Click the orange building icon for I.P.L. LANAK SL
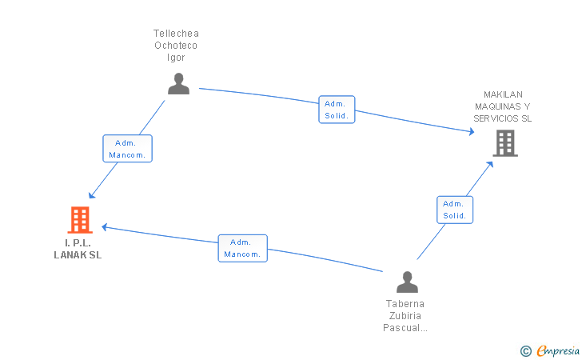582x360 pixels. coord(80,220)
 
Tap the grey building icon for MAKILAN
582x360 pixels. coord(505,143)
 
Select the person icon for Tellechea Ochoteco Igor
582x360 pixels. coord(178,83)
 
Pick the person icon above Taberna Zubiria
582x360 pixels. coord(407,282)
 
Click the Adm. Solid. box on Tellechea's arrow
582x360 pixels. coord(337,110)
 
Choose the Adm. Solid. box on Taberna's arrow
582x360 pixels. coord(455,210)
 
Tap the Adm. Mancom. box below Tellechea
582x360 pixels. coord(127,149)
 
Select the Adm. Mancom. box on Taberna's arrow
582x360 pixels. coord(243,248)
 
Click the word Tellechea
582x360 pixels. coord(177,34)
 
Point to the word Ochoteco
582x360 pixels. coord(176,46)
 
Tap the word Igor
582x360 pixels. coord(176,58)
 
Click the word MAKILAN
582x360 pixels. coord(503,94)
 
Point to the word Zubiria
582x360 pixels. coord(405,316)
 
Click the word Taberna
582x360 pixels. coord(405,304)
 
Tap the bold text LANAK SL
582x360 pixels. coord(78,255)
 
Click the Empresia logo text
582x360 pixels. coord(558,350)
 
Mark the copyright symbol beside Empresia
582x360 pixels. coord(526,351)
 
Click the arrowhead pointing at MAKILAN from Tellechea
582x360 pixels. coord(472,131)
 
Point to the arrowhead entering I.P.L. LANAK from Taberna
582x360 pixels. coord(105,227)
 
